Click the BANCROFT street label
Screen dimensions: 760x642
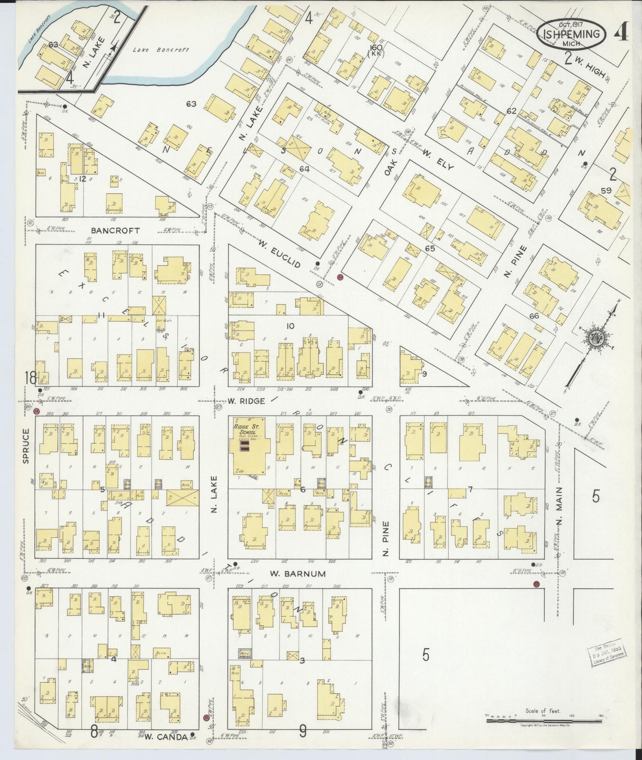click(115, 230)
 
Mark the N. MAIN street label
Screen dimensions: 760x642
click(558, 511)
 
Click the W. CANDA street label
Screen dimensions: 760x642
click(160, 736)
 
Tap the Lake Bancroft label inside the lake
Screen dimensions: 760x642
click(161, 50)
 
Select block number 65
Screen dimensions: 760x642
click(429, 248)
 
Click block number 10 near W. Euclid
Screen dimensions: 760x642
click(290, 326)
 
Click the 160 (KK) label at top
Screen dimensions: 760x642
click(375, 50)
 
